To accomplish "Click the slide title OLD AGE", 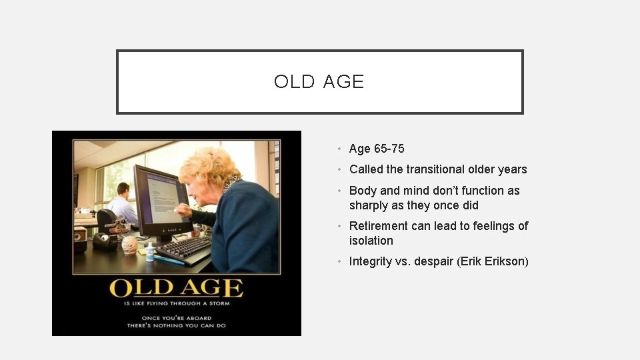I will click(319, 81).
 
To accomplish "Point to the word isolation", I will click(371, 241).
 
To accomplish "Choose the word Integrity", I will click(371, 261).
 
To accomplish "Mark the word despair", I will click(433, 261).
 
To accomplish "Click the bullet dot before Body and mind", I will click(340, 191).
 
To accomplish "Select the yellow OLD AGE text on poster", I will click(176, 288).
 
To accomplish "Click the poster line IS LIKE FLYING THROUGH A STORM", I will click(176, 303).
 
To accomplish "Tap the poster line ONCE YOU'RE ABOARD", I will click(176, 317).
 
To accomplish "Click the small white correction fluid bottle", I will click(150, 251).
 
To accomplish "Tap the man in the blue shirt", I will click(123, 207).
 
